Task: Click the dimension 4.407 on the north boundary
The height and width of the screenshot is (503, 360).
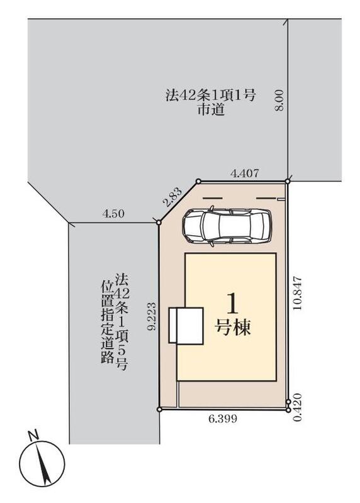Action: coord(245,174)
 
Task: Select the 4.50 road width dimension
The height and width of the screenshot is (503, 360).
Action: coord(113,214)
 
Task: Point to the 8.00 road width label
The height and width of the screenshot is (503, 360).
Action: coord(279,101)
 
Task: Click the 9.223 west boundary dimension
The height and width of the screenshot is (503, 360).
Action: coord(152,316)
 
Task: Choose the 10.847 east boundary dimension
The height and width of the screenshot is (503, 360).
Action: coord(298,292)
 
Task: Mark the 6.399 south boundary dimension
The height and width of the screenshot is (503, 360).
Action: coord(223,418)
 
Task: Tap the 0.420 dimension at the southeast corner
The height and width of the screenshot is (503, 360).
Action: coord(298,407)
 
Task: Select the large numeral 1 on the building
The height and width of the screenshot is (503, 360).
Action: coord(232,304)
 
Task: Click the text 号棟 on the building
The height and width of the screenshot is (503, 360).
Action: coord(232,327)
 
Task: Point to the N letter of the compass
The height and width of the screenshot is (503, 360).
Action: coord(33,436)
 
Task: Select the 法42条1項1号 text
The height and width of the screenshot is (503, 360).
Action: coord(210,96)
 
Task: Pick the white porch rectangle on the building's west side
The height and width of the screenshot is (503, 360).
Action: coord(186,326)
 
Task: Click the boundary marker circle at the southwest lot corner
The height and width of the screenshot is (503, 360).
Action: coord(159,409)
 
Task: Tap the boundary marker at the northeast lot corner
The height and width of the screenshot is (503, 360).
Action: coord(288,181)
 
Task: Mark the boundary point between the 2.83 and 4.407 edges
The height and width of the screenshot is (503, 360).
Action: coord(198,182)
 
